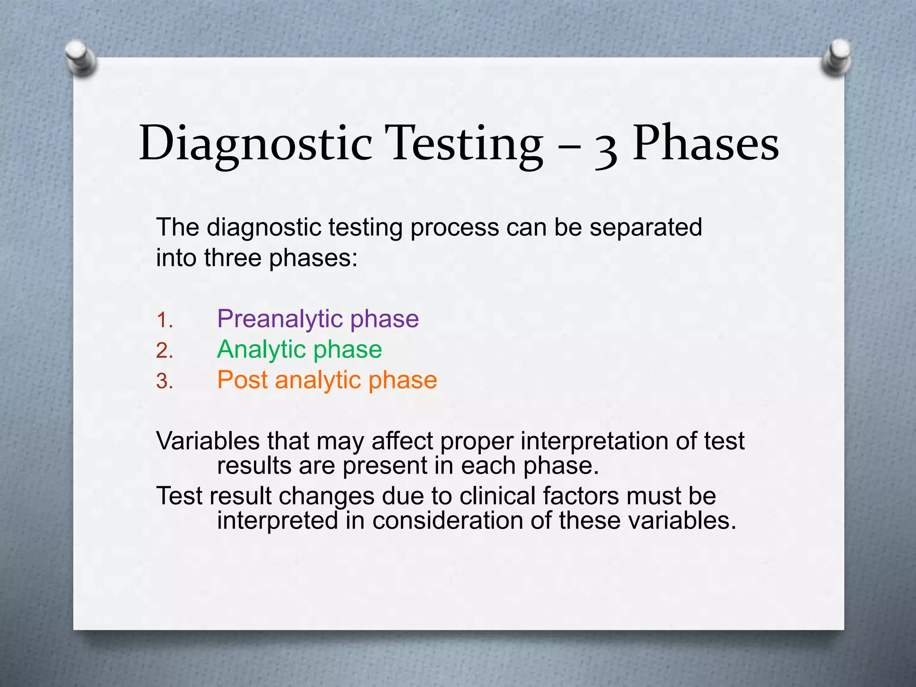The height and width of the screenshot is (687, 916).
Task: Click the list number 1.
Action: (x=164, y=321)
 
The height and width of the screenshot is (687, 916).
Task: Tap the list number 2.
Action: (x=164, y=351)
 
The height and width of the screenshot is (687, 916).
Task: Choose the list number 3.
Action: (x=164, y=382)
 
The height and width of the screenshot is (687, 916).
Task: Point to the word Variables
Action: (x=208, y=441)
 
